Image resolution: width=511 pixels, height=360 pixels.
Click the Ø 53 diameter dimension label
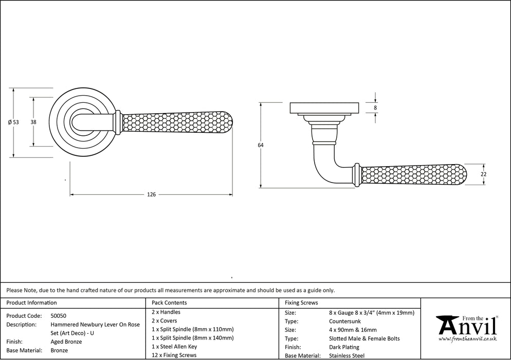(13, 122)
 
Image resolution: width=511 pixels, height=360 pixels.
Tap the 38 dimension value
(33, 122)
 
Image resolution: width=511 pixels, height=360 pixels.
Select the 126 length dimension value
(152, 195)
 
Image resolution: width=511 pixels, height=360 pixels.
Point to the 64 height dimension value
(261, 145)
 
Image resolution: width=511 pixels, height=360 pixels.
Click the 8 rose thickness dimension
(375, 107)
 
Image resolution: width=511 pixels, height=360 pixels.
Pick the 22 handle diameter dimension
(484, 174)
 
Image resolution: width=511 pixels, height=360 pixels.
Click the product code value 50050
(58, 316)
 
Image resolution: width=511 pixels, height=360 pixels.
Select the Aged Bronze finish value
(66, 341)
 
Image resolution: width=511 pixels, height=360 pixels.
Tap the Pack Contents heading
(169, 302)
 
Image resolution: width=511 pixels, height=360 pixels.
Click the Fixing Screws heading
(301, 302)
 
